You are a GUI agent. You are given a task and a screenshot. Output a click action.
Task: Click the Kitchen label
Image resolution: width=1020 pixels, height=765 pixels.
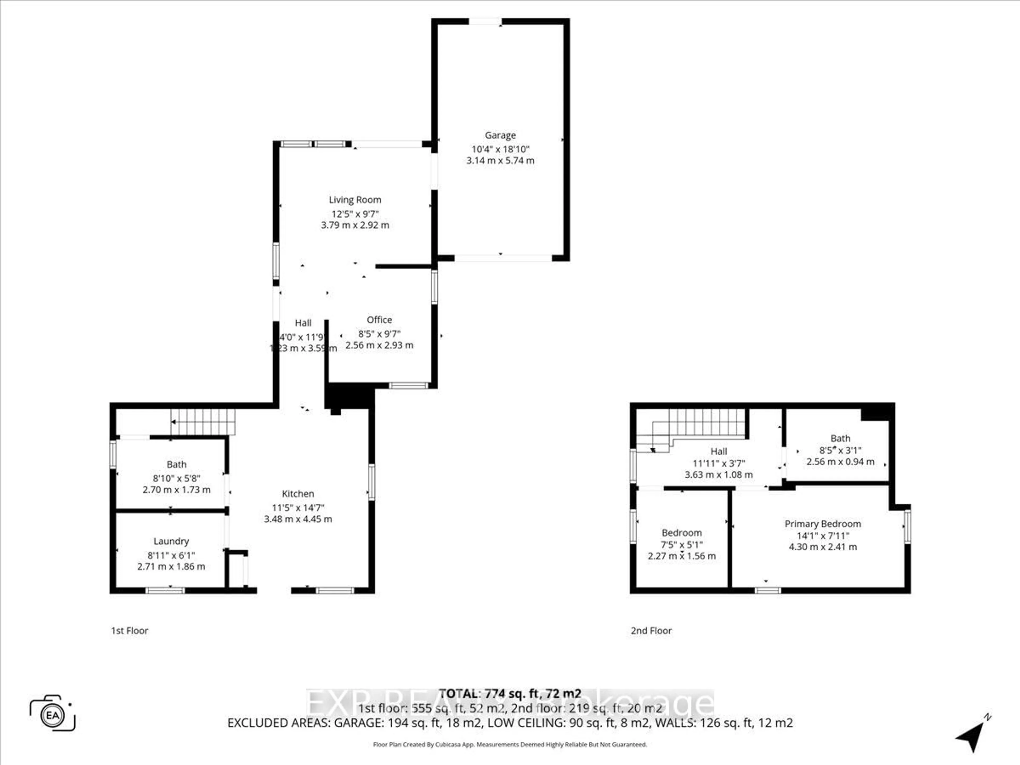point(297,494)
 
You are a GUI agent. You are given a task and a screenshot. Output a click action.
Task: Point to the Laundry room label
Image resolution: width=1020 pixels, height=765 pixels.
point(171,541)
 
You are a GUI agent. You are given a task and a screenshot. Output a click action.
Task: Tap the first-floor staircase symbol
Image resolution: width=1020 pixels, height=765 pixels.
point(203,422)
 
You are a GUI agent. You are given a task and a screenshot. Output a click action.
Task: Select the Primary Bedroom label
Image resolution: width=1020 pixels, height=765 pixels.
point(823,524)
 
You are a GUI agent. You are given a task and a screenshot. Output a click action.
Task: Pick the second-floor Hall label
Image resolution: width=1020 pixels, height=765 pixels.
point(719,452)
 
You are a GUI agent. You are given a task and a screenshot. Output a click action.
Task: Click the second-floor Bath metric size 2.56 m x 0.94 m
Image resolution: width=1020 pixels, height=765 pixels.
point(840,462)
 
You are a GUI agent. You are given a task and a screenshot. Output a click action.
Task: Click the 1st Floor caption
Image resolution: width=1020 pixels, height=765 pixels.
point(130,630)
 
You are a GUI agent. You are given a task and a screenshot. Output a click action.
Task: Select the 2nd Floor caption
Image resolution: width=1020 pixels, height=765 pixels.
point(651,630)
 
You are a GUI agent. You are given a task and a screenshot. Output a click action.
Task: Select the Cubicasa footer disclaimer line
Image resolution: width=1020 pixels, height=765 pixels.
point(509,744)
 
